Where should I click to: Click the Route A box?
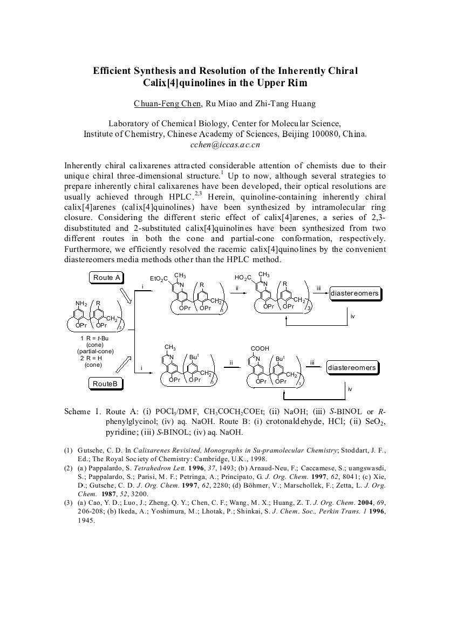point(106,278)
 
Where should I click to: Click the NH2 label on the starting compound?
point(81,303)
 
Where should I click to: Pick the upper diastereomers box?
point(354,294)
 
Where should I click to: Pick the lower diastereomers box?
point(352,368)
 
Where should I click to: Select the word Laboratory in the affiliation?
point(132,124)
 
